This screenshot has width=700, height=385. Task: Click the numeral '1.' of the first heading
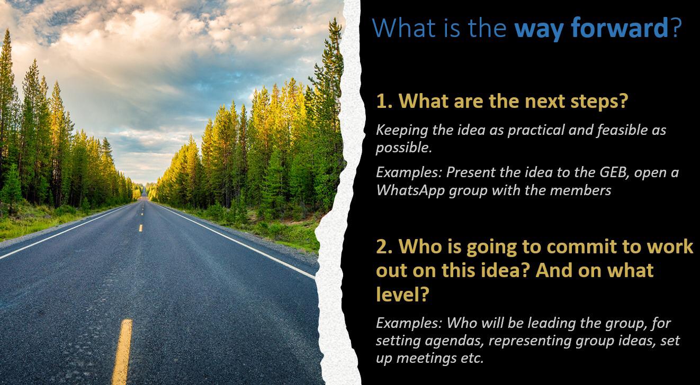[384, 101]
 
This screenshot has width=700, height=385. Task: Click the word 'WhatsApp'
[410, 190]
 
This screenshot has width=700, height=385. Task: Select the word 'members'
[580, 190]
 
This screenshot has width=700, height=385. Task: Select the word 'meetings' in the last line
[426, 358]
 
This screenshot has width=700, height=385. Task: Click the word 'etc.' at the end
[472, 358]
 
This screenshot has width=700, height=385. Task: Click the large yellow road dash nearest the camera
[122, 352]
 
